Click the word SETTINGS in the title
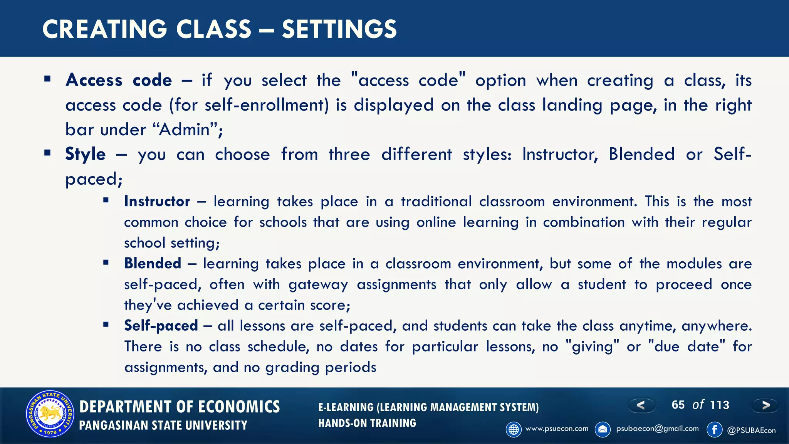(339, 29)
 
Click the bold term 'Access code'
(119, 80)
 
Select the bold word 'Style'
(85, 154)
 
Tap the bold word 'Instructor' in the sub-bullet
(157, 202)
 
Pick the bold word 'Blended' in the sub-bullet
(153, 264)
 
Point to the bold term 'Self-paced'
(161, 326)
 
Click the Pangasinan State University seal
(49, 414)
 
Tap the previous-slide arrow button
(641, 405)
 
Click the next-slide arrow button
(765, 405)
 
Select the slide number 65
(678, 405)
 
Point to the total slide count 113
(720, 405)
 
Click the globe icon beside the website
(514, 429)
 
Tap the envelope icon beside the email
(603, 429)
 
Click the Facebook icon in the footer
(715, 429)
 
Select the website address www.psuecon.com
(557, 429)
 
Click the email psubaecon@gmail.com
(657, 429)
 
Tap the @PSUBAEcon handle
(751, 431)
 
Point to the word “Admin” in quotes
(185, 129)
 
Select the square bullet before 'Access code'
(47, 79)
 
